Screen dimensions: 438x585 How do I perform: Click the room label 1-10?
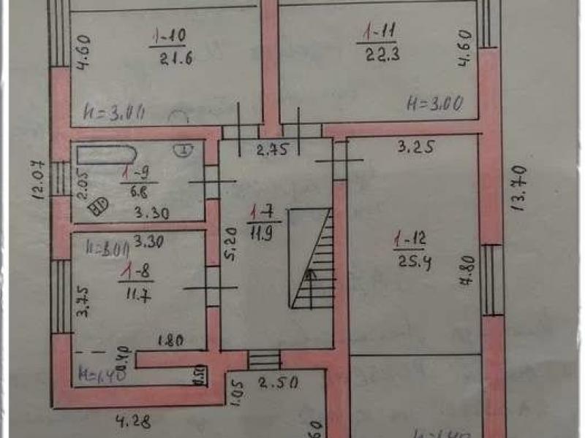pos(166,34)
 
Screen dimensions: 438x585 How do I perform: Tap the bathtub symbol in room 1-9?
pos(107,156)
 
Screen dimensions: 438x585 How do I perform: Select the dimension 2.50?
pos(279,383)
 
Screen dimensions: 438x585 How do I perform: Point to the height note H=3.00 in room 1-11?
pos(434,104)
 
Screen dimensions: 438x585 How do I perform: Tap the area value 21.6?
pos(175,60)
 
